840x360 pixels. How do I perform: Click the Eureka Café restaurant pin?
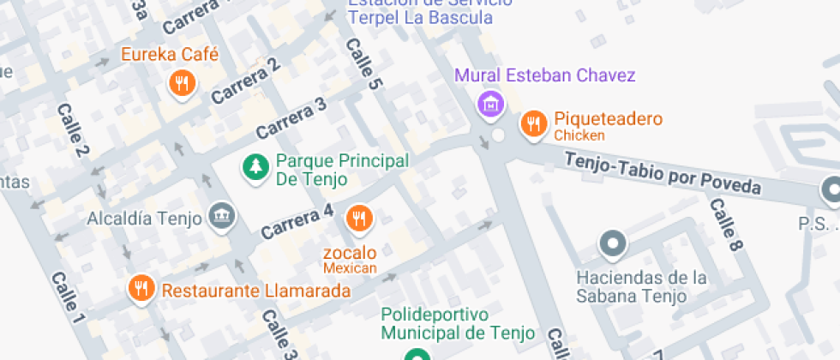pos(182,83)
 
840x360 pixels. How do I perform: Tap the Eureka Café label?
pos(170,55)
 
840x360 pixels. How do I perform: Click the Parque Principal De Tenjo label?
pos(341,170)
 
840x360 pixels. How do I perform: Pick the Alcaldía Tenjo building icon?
pos(222,216)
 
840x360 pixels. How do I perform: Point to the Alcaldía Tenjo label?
pos(143,218)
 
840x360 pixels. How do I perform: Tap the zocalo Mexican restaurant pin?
pos(359,219)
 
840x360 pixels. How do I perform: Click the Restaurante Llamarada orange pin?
pos(141,289)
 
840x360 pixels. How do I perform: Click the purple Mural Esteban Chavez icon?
pos(490,104)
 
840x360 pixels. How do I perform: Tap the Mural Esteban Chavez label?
pos(544,75)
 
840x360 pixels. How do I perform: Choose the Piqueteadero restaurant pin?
pos(534,123)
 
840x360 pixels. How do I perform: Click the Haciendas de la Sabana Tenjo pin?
pos(612,244)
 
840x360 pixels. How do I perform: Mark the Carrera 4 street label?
pos(297,221)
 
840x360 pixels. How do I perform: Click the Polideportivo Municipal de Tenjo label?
pos(458,322)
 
